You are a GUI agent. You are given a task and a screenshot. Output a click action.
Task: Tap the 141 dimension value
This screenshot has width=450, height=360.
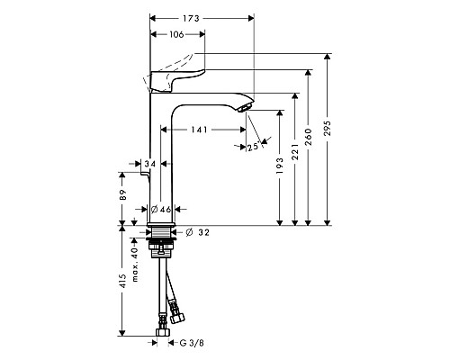tap(199, 130)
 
